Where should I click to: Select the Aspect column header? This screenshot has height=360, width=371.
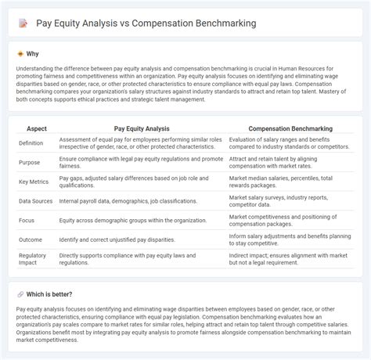point(36,127)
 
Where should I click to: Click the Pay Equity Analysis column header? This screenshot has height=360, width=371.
point(141,127)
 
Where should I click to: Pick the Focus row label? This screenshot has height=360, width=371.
point(28,221)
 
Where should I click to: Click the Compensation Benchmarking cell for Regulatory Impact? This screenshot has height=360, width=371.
point(285,258)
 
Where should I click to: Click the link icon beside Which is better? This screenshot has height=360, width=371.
point(20,294)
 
